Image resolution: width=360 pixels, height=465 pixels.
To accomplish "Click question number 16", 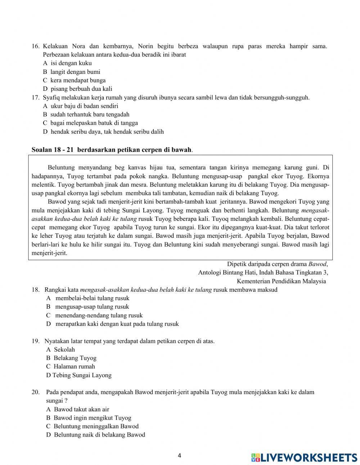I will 35,46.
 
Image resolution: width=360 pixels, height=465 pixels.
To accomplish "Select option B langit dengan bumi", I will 72,72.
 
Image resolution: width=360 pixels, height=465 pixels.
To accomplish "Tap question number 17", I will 35,97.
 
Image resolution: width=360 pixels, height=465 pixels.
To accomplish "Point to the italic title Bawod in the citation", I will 318,264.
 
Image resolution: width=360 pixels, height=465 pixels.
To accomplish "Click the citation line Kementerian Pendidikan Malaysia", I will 281,281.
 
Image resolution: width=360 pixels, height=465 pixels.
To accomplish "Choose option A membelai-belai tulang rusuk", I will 88,298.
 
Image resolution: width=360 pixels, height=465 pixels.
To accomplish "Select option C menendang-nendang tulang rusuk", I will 94,315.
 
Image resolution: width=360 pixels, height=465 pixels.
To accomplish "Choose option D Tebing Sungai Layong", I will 79,375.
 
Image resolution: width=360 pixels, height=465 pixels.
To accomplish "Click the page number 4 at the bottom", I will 180,455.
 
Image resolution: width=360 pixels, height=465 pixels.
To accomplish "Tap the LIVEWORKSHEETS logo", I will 304,457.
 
